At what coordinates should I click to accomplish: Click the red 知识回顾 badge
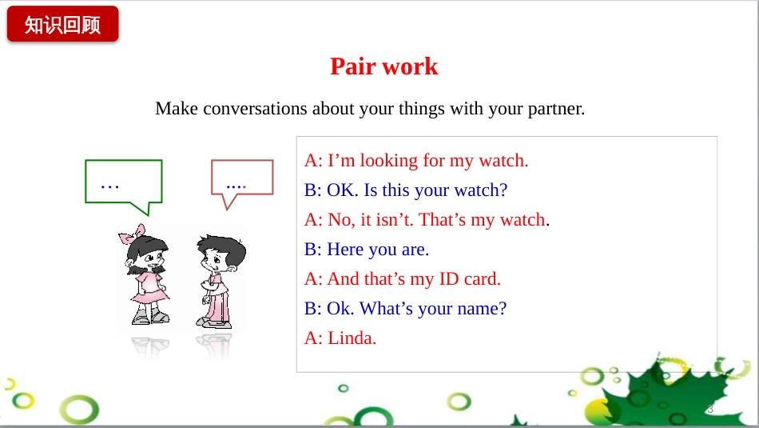click(x=63, y=24)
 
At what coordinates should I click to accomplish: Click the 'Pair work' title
click(x=383, y=66)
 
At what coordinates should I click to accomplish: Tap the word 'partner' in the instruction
click(x=556, y=109)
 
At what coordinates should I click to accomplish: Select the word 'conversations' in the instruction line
click(x=255, y=109)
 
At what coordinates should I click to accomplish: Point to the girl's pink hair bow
click(x=132, y=234)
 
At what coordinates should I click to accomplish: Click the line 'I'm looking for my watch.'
click(x=428, y=161)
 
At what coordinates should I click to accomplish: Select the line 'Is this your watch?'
click(x=435, y=190)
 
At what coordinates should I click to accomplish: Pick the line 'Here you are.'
click(x=378, y=250)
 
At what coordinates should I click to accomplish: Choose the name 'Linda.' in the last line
click(x=352, y=338)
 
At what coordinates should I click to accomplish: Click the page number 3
click(x=710, y=409)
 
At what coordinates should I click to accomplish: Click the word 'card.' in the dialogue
click(x=482, y=278)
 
